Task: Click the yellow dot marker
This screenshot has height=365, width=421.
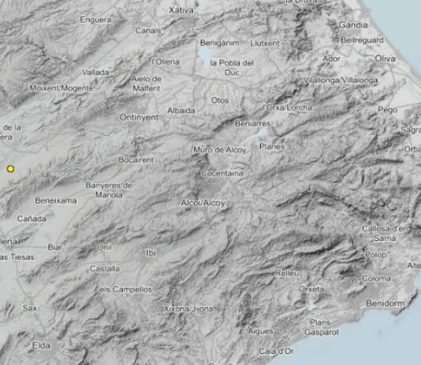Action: (x=11, y=168)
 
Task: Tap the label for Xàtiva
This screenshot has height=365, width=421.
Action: (x=181, y=10)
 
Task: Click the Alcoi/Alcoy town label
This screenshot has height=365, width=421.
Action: (x=203, y=204)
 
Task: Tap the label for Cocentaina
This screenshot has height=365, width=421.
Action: (x=223, y=172)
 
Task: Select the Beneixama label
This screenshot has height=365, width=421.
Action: (x=56, y=201)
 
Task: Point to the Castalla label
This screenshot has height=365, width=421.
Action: (x=105, y=269)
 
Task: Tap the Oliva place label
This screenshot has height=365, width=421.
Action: (x=385, y=58)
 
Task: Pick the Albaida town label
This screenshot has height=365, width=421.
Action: (x=181, y=111)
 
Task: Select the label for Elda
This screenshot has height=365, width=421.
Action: (x=42, y=344)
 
